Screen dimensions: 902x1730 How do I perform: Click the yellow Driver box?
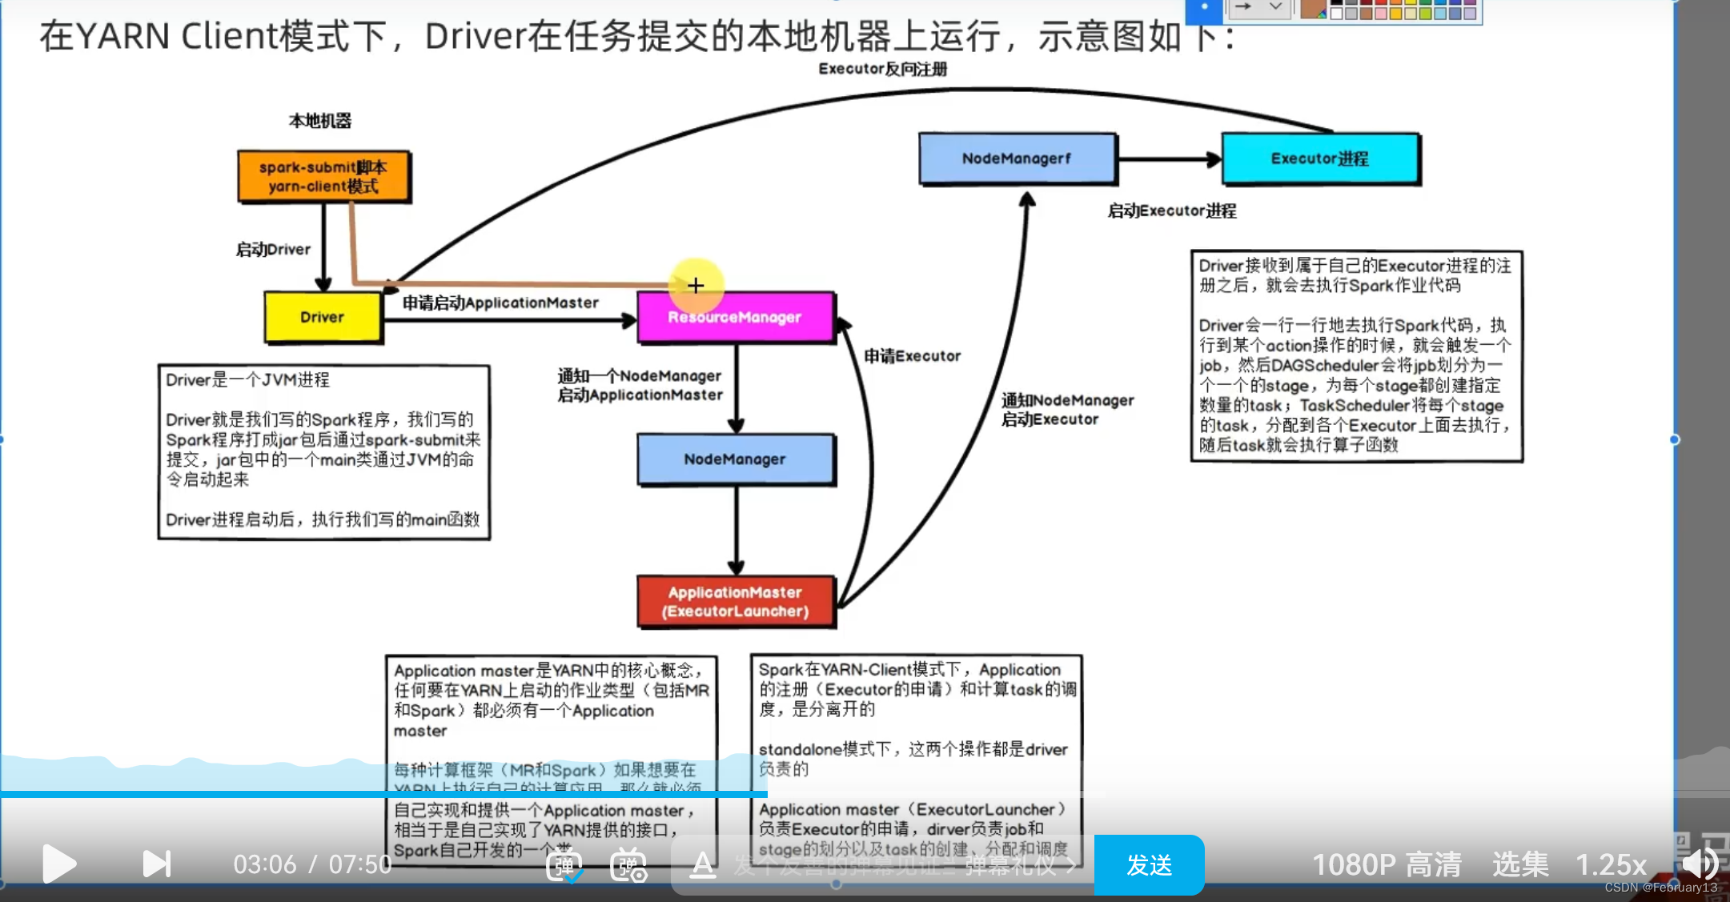[x=323, y=317]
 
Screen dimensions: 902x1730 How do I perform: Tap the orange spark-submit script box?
[x=323, y=177]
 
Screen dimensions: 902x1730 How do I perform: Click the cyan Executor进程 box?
[x=1320, y=158]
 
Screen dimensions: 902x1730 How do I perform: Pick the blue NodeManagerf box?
[x=1017, y=158]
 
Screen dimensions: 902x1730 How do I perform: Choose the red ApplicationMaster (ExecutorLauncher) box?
[x=735, y=602]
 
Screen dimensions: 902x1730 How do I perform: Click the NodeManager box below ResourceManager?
[x=735, y=459]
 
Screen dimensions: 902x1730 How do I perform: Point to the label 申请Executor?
[x=912, y=356]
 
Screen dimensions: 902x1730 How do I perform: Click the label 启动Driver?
[x=273, y=250]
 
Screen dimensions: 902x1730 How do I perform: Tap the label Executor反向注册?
[x=882, y=69]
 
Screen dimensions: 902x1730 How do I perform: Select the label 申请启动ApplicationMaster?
[x=500, y=303]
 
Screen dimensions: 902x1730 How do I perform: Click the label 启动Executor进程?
[x=1172, y=211]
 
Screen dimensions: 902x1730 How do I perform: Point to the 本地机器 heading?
[x=320, y=121]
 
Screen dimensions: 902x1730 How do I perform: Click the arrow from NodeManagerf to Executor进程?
[x=1169, y=159]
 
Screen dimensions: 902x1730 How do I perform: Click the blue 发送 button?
[x=1149, y=864]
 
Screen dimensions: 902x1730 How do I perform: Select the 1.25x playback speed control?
[x=1611, y=864]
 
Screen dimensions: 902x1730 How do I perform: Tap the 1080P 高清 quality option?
[x=1387, y=864]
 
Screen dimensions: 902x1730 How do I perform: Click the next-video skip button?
[x=157, y=864]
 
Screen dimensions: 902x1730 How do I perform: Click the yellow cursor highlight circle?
[x=696, y=285]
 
